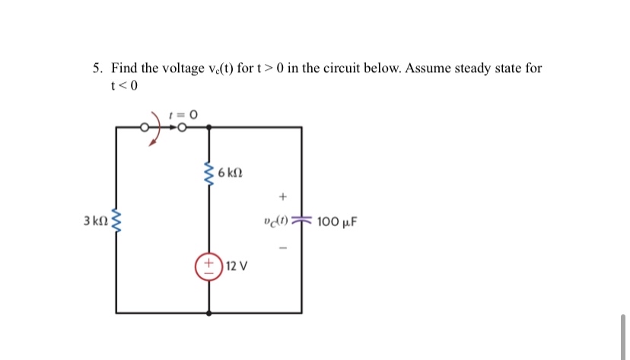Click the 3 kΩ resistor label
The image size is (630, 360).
pos(97,221)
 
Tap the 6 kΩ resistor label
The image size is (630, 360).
pos(230,174)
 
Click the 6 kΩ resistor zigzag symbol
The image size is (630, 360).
pos(208,174)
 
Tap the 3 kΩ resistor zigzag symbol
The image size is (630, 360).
pos(116,221)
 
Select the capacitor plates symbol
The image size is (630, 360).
pos(301,221)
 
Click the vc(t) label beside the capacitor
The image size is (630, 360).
pos(274,222)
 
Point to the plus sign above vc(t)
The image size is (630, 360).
pos(282,197)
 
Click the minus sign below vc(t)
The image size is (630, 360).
pos(282,247)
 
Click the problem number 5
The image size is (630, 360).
pos(97,68)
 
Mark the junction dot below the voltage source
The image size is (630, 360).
pos(208,312)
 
